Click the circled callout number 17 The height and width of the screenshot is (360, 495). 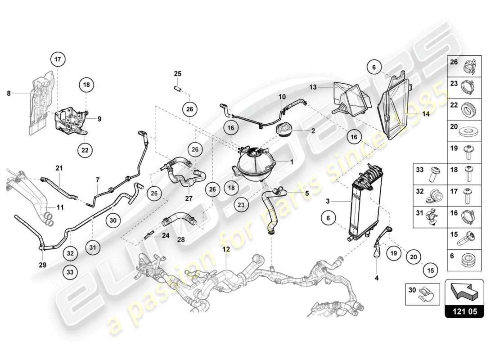(58, 59)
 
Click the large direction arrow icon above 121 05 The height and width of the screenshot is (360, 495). (464, 292)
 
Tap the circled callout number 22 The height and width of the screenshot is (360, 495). (85, 150)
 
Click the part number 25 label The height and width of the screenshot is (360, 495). (178, 73)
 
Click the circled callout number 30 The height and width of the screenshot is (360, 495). (113, 220)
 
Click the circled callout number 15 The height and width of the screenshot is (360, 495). (430, 270)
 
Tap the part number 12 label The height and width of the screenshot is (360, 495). (225, 249)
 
